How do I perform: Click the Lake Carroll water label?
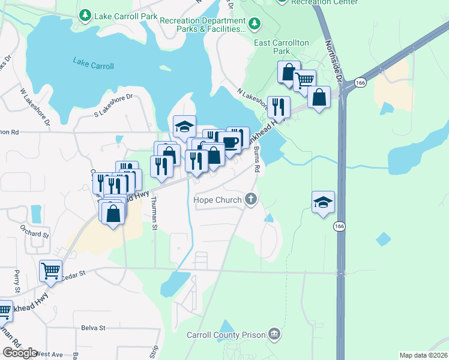click(93, 62)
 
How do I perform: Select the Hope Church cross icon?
click(251, 200)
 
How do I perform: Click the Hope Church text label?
click(217, 200)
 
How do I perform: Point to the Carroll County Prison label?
click(226, 334)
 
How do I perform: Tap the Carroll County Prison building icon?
click(274, 334)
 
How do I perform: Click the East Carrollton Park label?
click(281, 47)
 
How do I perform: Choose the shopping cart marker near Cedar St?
click(50, 270)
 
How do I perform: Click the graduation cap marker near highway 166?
click(323, 202)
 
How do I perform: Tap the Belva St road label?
click(93, 328)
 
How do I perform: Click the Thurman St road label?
click(154, 214)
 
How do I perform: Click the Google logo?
click(20, 353)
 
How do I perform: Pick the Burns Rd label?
click(256, 158)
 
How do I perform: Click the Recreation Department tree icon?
click(256, 23)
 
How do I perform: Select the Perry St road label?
click(17, 281)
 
